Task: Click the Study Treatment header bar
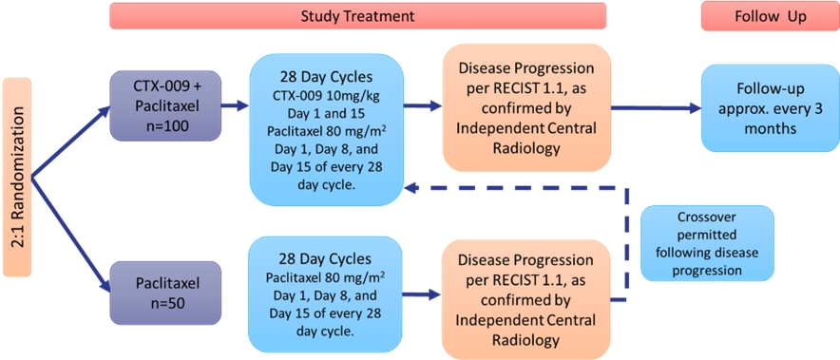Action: click(x=358, y=15)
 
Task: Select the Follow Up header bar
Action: click(x=771, y=15)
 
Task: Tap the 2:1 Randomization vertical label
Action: click(x=17, y=178)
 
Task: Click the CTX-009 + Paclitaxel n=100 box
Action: click(x=165, y=106)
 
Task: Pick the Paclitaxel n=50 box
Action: click(x=165, y=293)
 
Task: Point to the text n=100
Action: click(x=165, y=127)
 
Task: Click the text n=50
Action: click(x=165, y=304)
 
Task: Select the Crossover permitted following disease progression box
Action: click(x=707, y=243)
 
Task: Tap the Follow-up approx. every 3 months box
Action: click(x=770, y=107)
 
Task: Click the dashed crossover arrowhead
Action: click(x=411, y=187)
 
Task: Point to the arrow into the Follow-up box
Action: click(x=657, y=107)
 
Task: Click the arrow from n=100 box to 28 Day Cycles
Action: click(x=235, y=106)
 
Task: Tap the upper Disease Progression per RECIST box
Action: click(x=526, y=107)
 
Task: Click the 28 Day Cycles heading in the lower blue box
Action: click(x=325, y=259)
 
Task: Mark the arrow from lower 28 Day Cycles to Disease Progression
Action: click(x=422, y=294)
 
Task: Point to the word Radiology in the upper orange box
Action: click(x=526, y=147)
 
